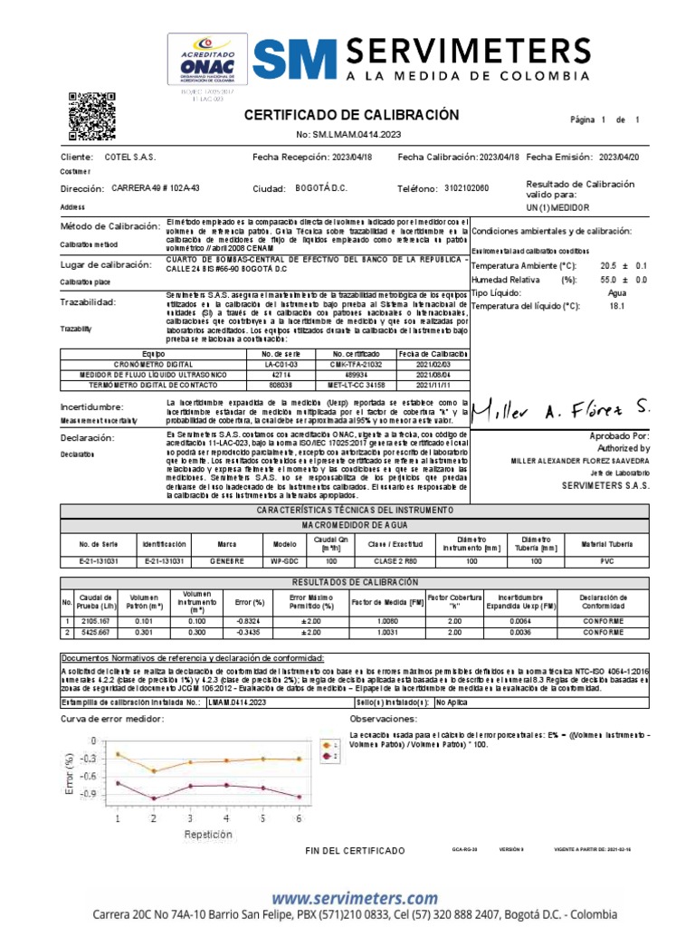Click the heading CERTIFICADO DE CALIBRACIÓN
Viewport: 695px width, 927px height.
[x=351, y=115]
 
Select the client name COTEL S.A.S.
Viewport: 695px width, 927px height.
[x=130, y=157]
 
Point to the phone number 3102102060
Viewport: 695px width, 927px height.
[x=467, y=188]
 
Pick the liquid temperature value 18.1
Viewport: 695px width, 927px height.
[x=618, y=306]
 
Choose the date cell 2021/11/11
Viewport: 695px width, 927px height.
[x=433, y=385]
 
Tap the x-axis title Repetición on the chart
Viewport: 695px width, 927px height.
[x=209, y=834]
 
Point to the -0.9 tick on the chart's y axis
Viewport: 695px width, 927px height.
[x=88, y=794]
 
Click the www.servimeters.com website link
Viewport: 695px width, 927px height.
[x=354, y=898]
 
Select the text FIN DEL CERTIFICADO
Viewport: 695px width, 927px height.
[x=356, y=851]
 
